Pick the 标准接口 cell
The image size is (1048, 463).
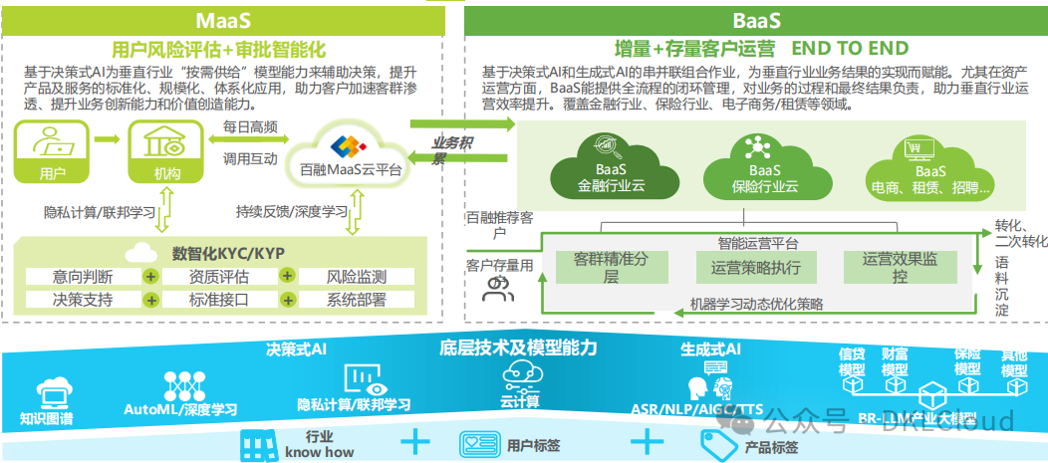[218, 299]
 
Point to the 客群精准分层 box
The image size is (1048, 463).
[611, 267]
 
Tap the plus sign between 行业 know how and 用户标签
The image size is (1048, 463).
[413, 441]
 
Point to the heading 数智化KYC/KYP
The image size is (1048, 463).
[223, 252]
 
